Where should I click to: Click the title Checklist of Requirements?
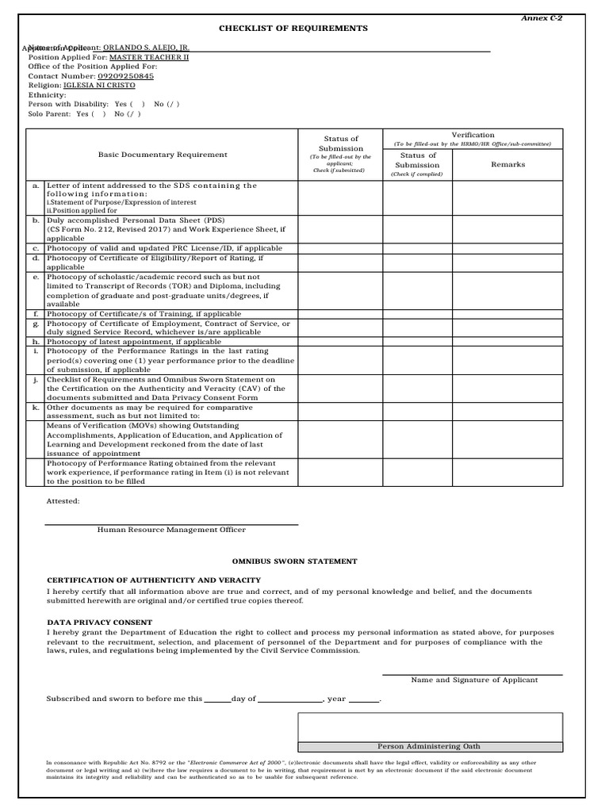click(293, 29)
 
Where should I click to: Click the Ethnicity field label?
click(47, 94)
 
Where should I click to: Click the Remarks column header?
click(507, 164)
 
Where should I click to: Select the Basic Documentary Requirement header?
click(163, 155)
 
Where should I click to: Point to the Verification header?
click(473, 135)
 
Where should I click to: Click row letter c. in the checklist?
click(36, 248)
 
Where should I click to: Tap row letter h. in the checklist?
click(36, 341)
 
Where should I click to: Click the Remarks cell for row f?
click(507, 314)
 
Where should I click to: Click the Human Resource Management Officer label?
click(171, 530)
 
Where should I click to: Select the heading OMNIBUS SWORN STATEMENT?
click(293, 561)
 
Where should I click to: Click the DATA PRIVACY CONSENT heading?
click(100, 622)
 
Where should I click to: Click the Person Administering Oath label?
click(429, 746)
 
